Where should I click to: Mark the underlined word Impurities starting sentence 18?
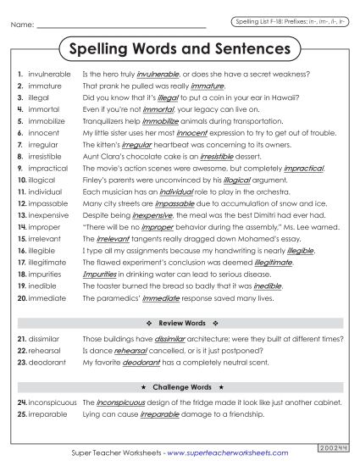click(x=100, y=275)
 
